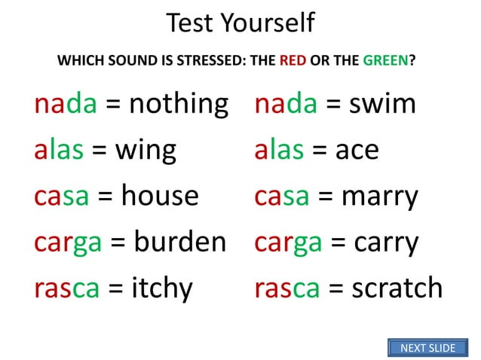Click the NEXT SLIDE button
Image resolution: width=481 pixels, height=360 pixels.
(x=427, y=347)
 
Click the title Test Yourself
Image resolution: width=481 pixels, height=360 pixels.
(x=240, y=23)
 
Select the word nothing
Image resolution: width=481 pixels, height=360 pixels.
(x=178, y=103)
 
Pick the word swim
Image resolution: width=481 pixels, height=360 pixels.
(x=382, y=103)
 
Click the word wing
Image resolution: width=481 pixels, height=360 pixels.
(x=146, y=151)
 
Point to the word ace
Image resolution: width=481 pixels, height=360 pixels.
(x=357, y=150)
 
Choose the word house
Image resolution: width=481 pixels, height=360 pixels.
(x=160, y=196)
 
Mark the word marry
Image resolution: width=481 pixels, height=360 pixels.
(x=380, y=197)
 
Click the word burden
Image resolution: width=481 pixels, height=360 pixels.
(x=180, y=242)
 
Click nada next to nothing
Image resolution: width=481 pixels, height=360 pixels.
(x=66, y=103)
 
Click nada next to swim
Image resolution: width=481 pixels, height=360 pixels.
(x=286, y=103)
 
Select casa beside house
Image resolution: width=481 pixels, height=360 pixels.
(x=63, y=196)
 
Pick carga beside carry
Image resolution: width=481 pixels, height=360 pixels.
(x=290, y=243)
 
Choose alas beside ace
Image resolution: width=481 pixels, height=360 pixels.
(x=279, y=150)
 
